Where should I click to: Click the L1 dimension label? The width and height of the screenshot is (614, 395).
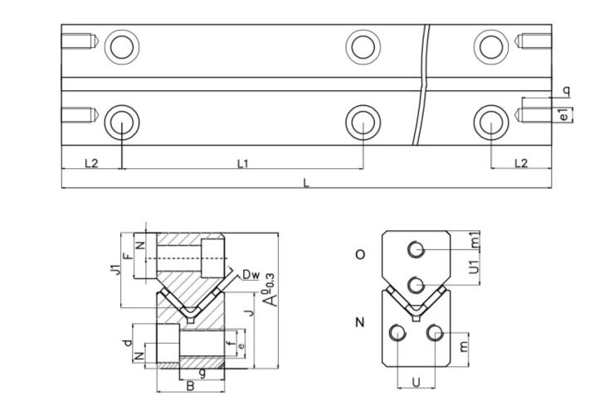[x=242, y=163]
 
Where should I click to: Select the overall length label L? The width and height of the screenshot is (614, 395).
[x=306, y=183]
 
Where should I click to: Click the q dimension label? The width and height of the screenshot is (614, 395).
[x=565, y=89]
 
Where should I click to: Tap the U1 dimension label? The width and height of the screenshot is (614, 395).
[x=475, y=267]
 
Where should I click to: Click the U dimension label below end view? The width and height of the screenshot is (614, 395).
[x=416, y=383]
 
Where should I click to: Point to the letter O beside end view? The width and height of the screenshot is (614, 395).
[x=359, y=255]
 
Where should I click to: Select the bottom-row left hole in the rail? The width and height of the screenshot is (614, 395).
[x=122, y=122]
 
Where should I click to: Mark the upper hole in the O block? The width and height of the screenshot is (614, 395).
[x=417, y=248]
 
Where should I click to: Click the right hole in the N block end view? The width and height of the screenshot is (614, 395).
[x=432, y=333]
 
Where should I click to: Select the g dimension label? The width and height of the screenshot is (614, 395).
[x=202, y=373]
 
